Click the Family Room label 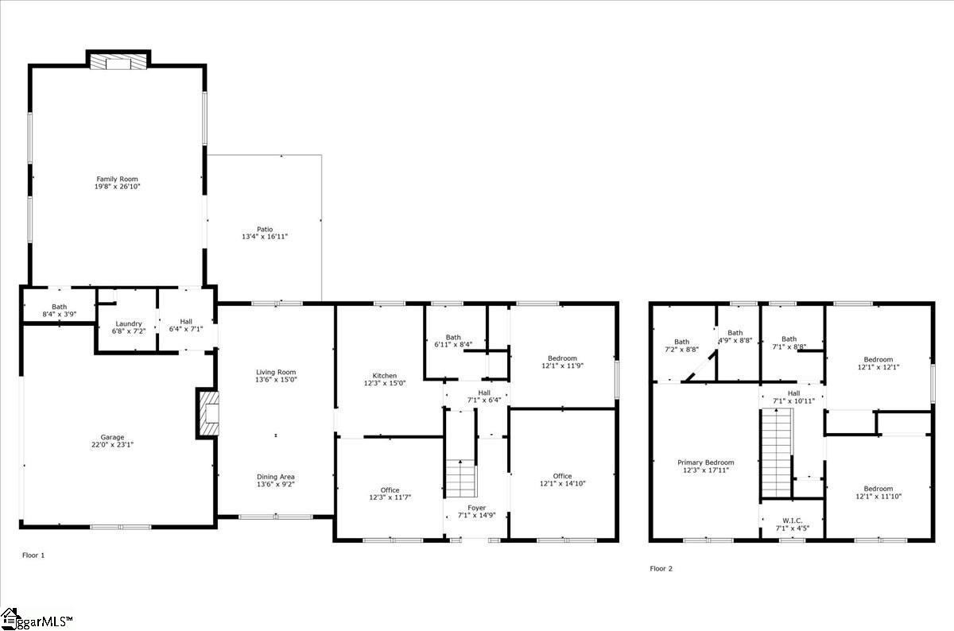tap(118, 180)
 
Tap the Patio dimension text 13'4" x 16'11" tap(265, 237)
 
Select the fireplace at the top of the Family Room tap(118, 62)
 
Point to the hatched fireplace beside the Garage tap(207, 413)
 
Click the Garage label tap(112, 437)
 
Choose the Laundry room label tap(129, 323)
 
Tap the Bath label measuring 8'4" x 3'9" tap(60, 307)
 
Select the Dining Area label tap(276, 477)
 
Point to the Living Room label tap(276, 372)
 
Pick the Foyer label tap(476, 508)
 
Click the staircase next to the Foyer tap(460, 477)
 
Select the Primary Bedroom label tap(706, 463)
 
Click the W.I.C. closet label tap(793, 521)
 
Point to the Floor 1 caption tap(33, 556)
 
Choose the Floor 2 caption tap(662, 568)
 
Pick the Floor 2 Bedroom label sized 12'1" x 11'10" tap(878, 489)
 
